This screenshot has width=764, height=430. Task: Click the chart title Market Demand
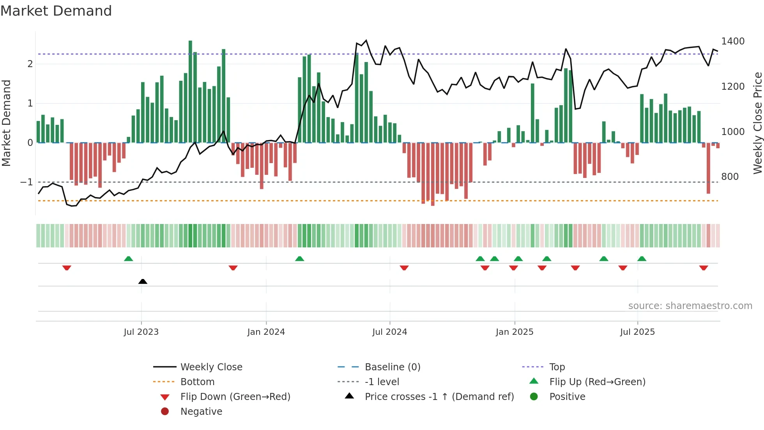[56, 11]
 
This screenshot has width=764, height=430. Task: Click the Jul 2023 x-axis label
[141, 332]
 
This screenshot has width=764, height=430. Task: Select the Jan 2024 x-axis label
[266, 332]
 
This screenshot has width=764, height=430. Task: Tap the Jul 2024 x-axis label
[389, 332]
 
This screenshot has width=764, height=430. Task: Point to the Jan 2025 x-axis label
[514, 332]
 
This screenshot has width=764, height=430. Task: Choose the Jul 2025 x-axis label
[637, 332]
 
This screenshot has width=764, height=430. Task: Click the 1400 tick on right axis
[733, 41]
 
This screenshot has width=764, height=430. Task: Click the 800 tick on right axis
[730, 177]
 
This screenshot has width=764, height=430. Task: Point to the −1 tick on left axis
[27, 182]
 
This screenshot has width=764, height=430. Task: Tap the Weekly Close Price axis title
[757, 123]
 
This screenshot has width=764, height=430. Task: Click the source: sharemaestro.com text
[690, 306]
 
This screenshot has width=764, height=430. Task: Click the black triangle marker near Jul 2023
[143, 281]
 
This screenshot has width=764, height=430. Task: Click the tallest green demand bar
[190, 92]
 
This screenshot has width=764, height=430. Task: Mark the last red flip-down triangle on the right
[704, 268]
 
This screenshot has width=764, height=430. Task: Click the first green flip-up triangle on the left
[128, 258]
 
